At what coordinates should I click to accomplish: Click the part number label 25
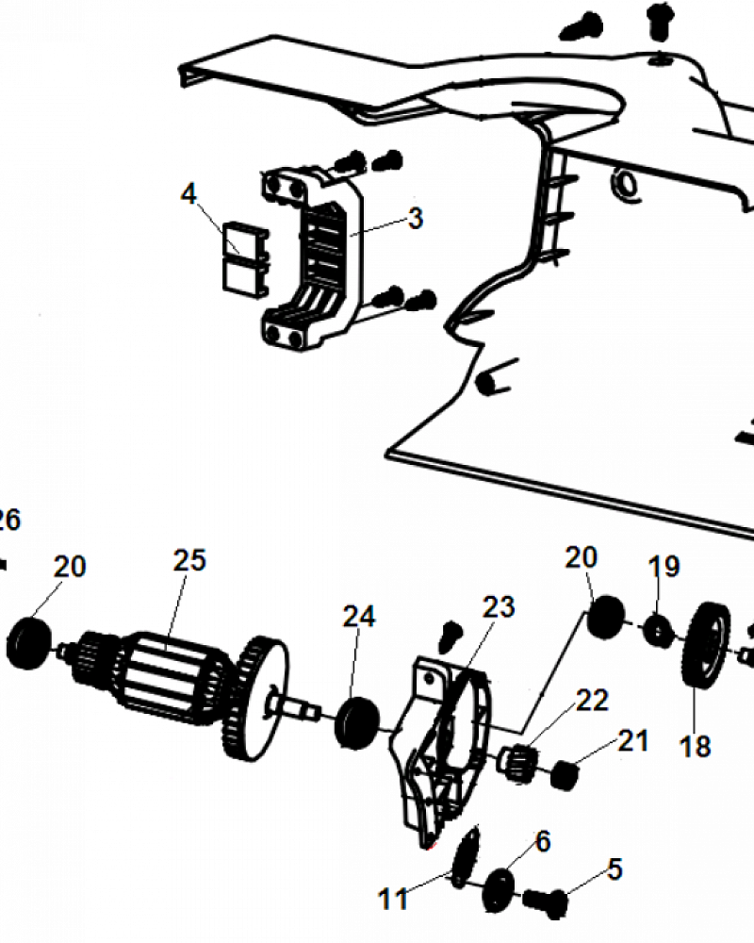tap(189, 560)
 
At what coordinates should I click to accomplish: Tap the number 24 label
tap(359, 617)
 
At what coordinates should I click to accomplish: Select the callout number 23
tap(499, 607)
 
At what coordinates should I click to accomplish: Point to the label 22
tap(592, 701)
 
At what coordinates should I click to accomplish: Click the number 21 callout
tap(633, 741)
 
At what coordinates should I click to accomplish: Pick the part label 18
tap(695, 746)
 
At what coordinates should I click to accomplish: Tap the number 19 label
tap(664, 567)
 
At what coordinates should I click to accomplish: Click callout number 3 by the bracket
tap(416, 219)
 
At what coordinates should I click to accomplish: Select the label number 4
tap(188, 193)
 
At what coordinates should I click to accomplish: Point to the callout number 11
tap(393, 900)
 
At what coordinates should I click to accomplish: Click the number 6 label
tap(543, 841)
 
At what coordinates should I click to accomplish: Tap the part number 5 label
tap(615, 869)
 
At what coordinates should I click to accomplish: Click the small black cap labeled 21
tap(565, 775)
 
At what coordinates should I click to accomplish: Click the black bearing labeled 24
tap(357, 721)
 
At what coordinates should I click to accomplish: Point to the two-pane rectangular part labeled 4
tap(244, 258)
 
